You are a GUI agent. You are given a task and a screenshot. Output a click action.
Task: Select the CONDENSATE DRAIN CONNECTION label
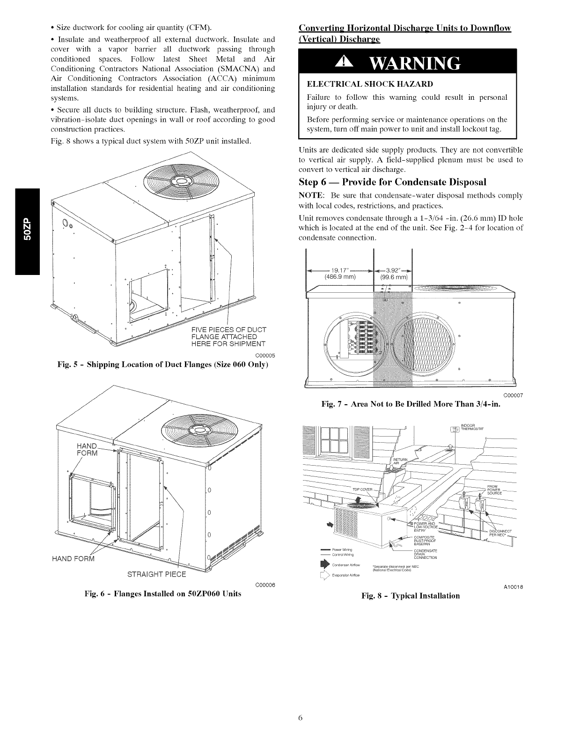pyautogui.click(x=426, y=553)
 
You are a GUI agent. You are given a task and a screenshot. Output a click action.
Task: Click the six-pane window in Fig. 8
pyautogui.click(x=330, y=439)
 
